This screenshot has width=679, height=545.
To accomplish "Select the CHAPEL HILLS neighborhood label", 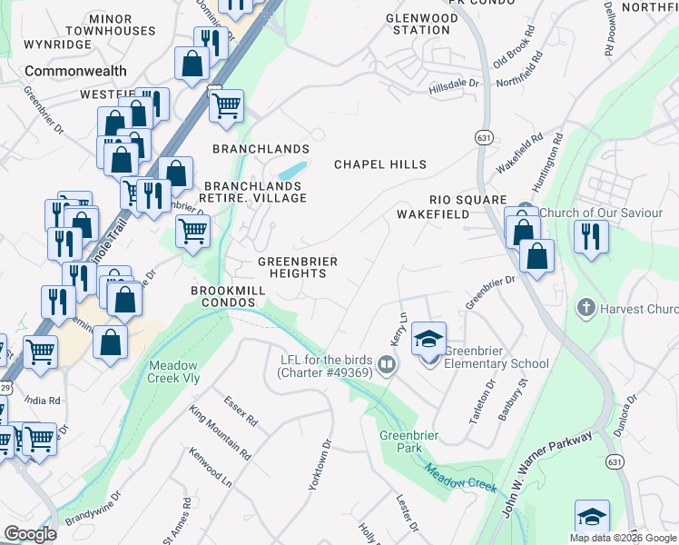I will tap(380, 164).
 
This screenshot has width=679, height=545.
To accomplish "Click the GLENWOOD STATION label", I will tap(421, 24).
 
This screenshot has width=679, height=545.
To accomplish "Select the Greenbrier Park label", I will tap(409, 441).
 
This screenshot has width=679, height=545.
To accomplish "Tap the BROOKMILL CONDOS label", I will tap(228, 296).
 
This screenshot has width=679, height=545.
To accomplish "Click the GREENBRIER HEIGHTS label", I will tap(298, 268).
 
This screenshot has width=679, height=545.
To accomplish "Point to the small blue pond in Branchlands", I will tap(292, 170).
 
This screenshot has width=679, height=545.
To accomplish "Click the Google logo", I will tap(30, 533).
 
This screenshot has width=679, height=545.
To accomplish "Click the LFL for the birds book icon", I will tap(387, 365).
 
